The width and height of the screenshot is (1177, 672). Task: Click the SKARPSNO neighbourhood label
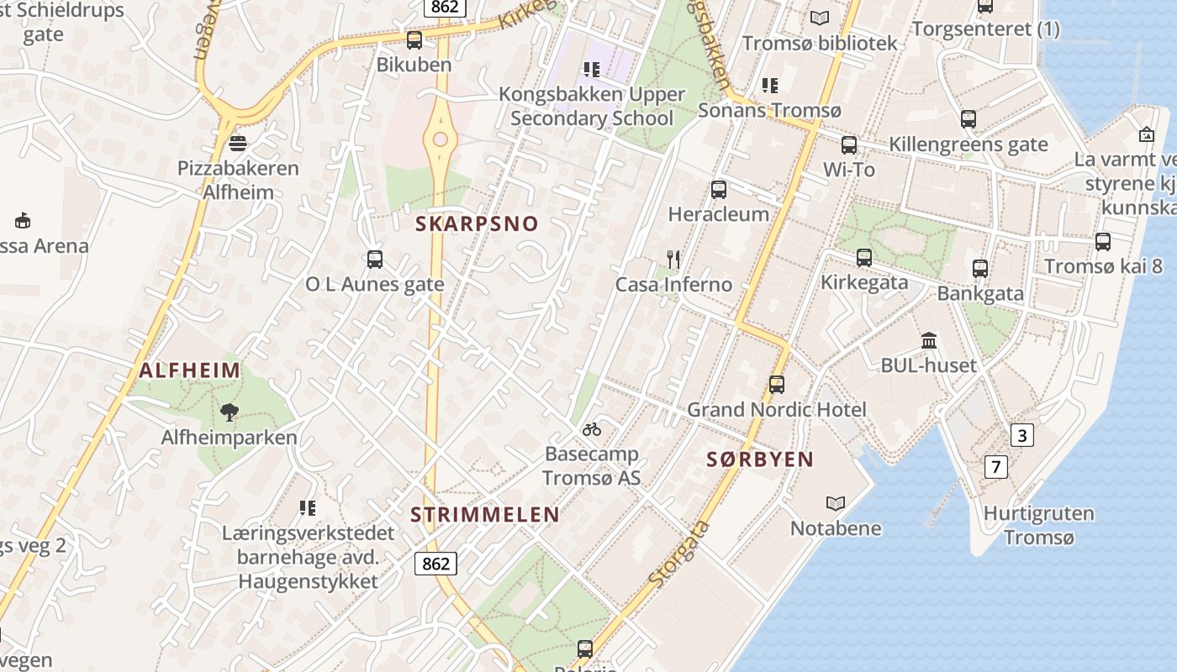[x=477, y=224]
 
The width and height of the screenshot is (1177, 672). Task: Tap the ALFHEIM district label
[x=190, y=370]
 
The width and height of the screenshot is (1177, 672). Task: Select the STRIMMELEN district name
[x=485, y=515]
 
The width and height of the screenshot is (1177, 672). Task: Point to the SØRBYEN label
[x=760, y=459]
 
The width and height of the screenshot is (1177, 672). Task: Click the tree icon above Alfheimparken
[x=229, y=412]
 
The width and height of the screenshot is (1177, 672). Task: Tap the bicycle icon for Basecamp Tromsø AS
[x=592, y=429]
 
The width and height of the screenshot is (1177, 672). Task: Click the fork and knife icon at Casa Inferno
[x=673, y=259]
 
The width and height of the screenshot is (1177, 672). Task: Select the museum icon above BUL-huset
[x=929, y=340]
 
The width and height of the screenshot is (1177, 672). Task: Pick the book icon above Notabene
[x=835, y=503]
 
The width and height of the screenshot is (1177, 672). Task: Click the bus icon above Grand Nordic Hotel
[x=777, y=385]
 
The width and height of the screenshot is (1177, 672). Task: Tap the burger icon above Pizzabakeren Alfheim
[x=238, y=143]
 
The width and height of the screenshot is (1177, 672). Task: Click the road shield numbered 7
[x=996, y=467]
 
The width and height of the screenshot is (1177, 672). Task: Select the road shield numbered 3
[x=1022, y=435]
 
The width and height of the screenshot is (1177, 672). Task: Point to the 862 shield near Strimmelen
[x=435, y=564]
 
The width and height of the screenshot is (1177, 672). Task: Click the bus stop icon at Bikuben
[x=414, y=39]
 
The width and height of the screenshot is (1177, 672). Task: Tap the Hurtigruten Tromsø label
[x=1039, y=525]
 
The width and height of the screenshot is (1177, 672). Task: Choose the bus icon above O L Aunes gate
[x=375, y=260]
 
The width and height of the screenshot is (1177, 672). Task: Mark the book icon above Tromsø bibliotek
[x=819, y=18]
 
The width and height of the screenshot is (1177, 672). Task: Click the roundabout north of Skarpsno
[x=440, y=139]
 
